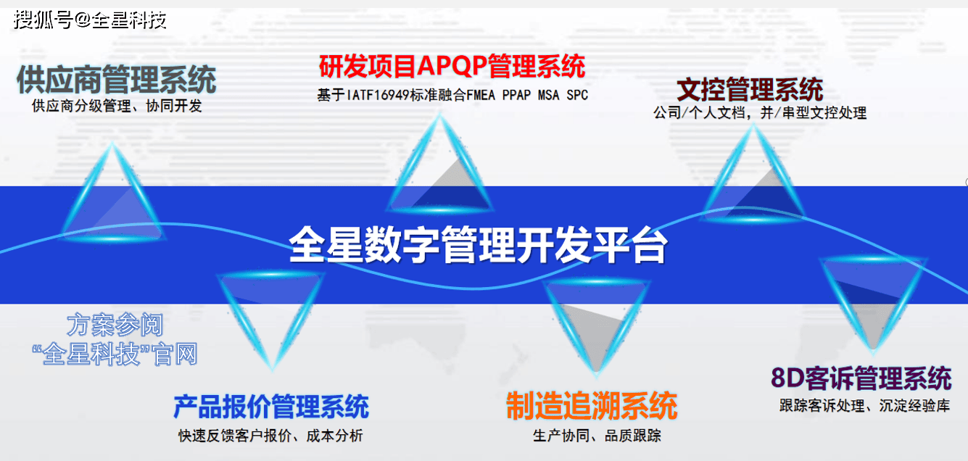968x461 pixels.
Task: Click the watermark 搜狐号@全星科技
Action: point(90,20)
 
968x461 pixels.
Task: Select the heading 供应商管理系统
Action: point(116,80)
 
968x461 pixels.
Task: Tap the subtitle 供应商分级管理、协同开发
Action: point(117,106)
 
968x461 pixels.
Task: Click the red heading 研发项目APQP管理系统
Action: point(452,66)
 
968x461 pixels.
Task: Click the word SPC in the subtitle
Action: point(577,95)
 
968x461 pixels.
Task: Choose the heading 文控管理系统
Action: point(750,89)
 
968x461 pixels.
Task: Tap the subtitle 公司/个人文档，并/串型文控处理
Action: point(760,113)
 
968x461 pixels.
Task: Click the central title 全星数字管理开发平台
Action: point(479,244)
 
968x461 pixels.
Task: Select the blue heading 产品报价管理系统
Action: point(271,407)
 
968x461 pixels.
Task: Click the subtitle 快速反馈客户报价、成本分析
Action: point(270,436)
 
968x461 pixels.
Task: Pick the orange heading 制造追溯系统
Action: point(592,406)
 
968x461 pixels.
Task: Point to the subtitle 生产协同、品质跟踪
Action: point(597,436)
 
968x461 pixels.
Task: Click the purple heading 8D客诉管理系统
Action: point(861,378)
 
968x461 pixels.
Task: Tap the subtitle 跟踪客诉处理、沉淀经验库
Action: point(865,406)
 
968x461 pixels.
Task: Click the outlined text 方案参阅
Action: point(115,325)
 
